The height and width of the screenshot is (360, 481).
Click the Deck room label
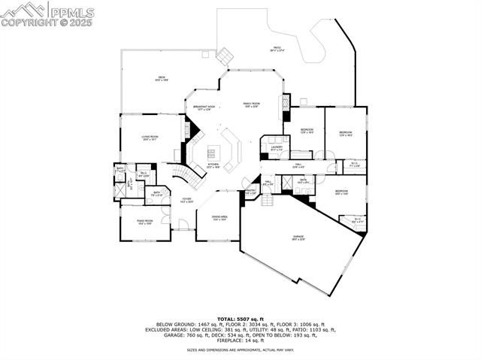coord(161,77)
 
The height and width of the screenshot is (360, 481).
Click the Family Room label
coord(250,104)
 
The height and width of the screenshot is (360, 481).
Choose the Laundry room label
coord(276,148)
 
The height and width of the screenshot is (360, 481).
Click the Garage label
coord(298,238)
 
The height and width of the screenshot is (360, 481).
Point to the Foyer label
coord(165,201)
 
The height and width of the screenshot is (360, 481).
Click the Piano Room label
coord(145,222)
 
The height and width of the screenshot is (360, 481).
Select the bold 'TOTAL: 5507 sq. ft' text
coord(240,319)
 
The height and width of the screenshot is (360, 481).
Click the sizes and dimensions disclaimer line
coord(240,350)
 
